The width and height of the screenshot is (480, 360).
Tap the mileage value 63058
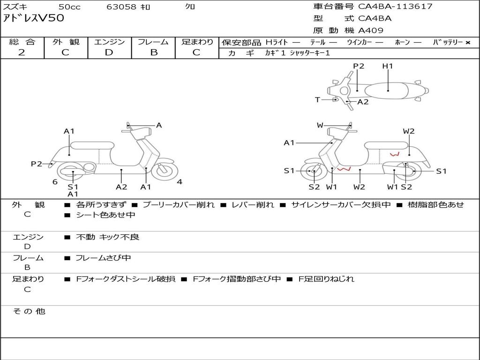pos(121,7)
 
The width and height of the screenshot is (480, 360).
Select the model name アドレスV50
pos(34,18)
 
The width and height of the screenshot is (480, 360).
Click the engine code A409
pos(371,30)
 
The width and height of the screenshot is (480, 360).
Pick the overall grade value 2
pos(22,52)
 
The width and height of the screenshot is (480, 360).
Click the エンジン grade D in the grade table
pos(109,52)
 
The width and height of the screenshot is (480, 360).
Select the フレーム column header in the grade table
pos(153,42)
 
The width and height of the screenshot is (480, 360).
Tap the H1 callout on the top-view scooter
pos(388,66)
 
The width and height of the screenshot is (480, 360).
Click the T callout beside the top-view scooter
pos(317,99)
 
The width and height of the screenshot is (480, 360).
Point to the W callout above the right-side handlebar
pos(320,125)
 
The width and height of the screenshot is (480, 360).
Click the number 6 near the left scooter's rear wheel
pos(55,182)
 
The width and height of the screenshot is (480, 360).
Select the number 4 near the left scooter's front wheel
pos(180,182)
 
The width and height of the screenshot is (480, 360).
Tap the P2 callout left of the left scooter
pos(37,164)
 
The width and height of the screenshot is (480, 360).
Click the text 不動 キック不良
pos(107,237)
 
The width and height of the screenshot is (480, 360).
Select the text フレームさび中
pos(103,258)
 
